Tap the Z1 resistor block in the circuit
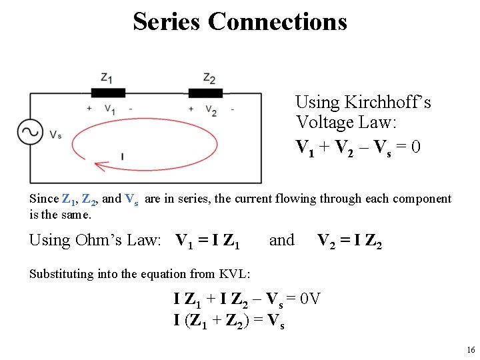[x=107, y=93]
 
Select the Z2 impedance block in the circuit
[x=205, y=93]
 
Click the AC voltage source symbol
[x=30, y=131]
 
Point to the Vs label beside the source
[x=55, y=135]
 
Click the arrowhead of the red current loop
[x=101, y=165]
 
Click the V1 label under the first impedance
[x=110, y=109]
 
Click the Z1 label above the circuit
[x=106, y=77]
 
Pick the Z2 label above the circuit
[x=209, y=79]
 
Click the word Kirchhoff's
[x=388, y=102]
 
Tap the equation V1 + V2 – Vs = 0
[x=358, y=146]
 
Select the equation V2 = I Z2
[x=349, y=241]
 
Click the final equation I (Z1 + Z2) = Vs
[x=229, y=320]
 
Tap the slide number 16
[x=471, y=350]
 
